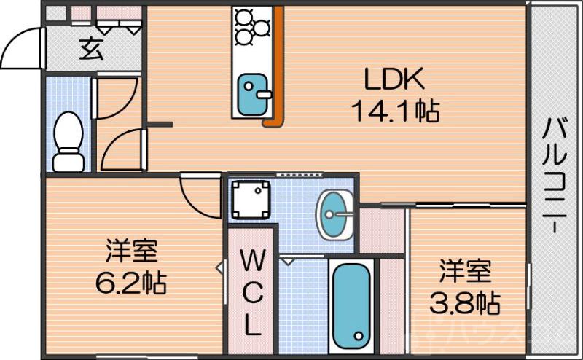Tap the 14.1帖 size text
[394, 111]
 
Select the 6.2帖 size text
[131, 281]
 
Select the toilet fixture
[69, 141]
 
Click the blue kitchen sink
[253, 93]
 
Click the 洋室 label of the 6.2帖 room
[131, 252]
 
